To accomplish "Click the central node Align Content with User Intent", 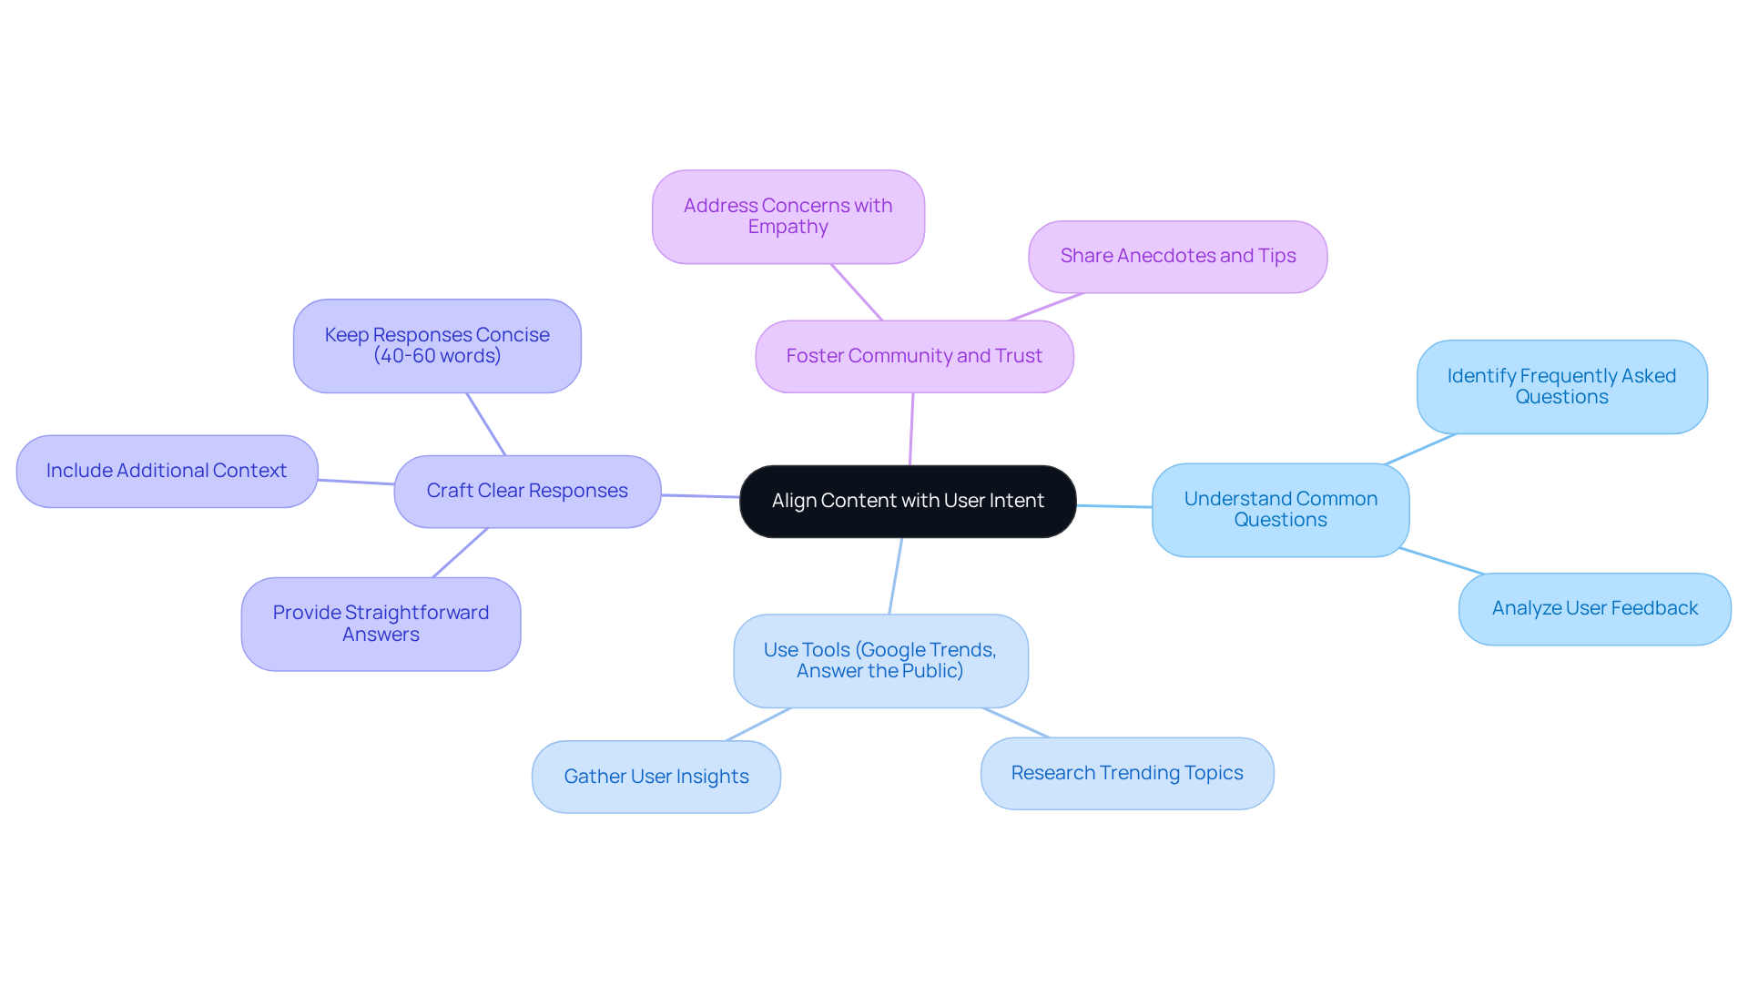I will (x=908, y=501).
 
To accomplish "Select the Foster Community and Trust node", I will (x=914, y=356).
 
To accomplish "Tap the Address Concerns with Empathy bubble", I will (x=788, y=217).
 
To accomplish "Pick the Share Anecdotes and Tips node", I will (x=1177, y=256).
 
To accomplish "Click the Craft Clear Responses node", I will (x=527, y=491).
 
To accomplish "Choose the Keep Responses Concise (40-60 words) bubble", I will (x=437, y=346).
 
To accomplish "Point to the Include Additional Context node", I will (x=167, y=471).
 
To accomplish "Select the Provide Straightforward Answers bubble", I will (x=381, y=624).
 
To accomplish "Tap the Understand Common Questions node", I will (x=1280, y=510).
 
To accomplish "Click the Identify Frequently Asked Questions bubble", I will (x=1561, y=387).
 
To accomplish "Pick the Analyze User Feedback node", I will (x=1594, y=608).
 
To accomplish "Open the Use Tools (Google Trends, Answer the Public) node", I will (x=879, y=661).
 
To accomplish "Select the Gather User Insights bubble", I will (x=655, y=777).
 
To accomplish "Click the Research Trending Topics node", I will (x=1126, y=773).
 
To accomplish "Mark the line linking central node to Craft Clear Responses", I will (x=700, y=496).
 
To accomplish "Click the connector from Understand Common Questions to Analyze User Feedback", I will (x=1442, y=561).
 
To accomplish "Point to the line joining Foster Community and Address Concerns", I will (x=857, y=292).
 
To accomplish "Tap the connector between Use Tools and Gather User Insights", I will (x=758, y=725).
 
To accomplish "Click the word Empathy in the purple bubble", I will (x=788, y=228).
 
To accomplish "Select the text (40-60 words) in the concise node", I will (x=437, y=357).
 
